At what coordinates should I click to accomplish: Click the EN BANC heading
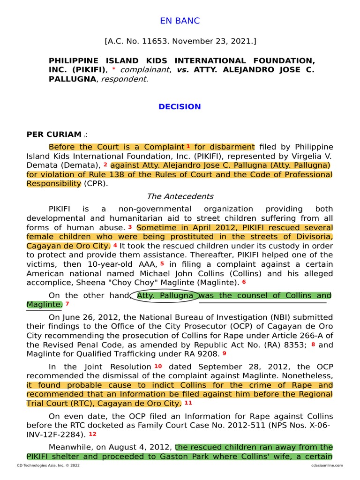tap(180, 21)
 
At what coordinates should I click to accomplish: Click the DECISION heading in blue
tap(180, 106)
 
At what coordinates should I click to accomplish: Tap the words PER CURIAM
tap(54, 135)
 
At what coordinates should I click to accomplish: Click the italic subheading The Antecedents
tap(180, 196)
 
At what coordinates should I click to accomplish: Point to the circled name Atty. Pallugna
tap(164, 295)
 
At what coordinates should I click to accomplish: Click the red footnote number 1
tap(188, 147)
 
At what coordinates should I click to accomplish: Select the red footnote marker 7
tap(67, 304)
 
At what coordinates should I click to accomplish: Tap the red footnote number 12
tap(92, 434)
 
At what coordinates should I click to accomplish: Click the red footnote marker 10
tap(157, 366)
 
